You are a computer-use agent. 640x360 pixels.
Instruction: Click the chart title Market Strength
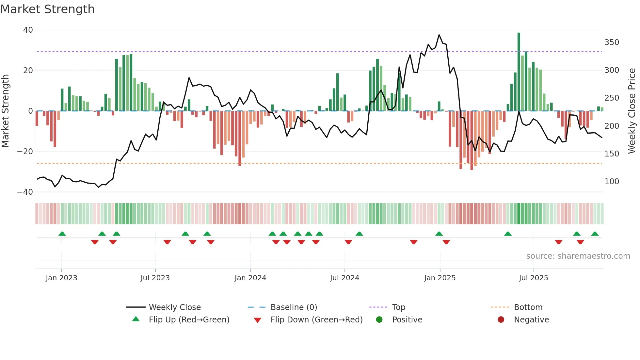(x=47, y=9)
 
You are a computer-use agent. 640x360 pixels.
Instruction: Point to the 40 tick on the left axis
(x=28, y=30)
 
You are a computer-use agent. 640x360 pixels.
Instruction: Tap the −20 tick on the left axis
(x=25, y=152)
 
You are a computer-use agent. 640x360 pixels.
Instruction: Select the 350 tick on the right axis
(x=612, y=42)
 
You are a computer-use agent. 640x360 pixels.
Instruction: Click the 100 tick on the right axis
(x=612, y=182)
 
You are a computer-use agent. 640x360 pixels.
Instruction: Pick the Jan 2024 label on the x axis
(x=250, y=278)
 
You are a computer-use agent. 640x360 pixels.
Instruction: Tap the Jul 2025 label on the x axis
(x=533, y=278)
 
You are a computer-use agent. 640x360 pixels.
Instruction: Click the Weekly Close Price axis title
(x=632, y=111)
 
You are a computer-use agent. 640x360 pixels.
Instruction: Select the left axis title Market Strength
(x=5, y=111)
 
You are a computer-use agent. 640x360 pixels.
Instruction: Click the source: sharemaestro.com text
(x=578, y=256)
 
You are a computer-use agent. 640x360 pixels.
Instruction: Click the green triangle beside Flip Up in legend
(x=136, y=319)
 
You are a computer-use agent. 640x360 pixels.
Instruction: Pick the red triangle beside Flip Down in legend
(x=257, y=320)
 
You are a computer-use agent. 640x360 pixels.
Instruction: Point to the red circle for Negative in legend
(x=501, y=320)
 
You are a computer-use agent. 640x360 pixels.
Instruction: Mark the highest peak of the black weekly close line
(x=439, y=35)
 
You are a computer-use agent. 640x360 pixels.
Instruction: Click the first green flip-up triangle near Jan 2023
(x=62, y=234)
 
